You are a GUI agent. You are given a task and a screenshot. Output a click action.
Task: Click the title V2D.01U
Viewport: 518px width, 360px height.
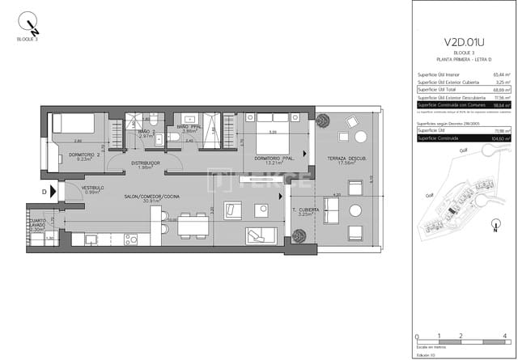464,43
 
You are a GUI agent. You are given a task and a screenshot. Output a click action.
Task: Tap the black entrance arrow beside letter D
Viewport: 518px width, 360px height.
57,192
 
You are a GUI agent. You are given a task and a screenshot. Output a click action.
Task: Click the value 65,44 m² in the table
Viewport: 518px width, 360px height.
500,74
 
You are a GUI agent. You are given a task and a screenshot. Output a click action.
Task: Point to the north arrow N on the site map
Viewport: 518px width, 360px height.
493,228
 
